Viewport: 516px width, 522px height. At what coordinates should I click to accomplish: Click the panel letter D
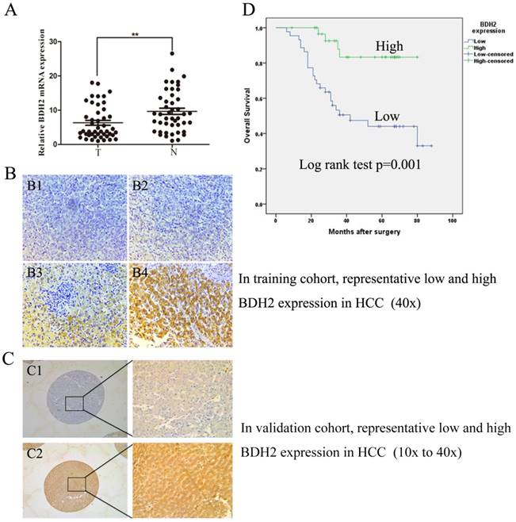pyautogui.click(x=248, y=10)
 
